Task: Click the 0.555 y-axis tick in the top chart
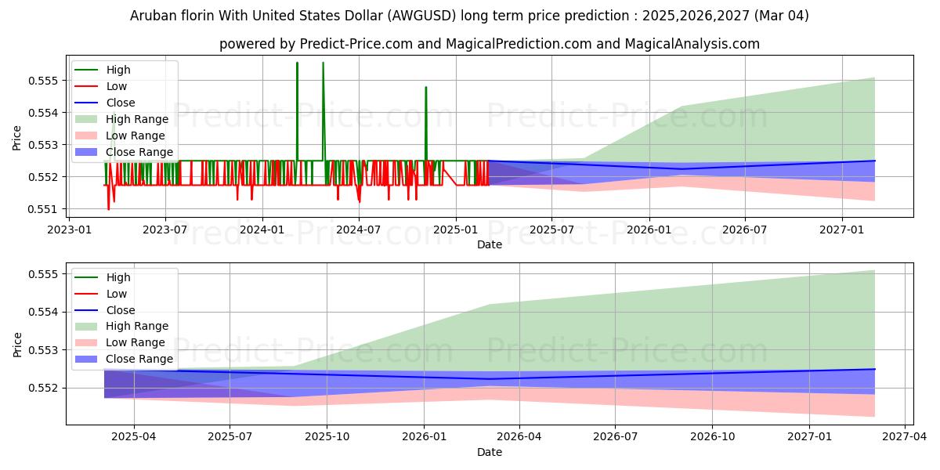(x=45, y=81)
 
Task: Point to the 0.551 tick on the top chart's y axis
(x=45, y=209)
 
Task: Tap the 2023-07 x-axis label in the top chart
(x=164, y=229)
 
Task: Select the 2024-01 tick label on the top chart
(x=262, y=229)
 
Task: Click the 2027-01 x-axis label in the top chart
(x=842, y=229)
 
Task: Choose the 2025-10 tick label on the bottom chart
(x=327, y=436)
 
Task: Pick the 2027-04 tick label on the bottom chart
(x=905, y=436)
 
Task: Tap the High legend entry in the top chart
(x=118, y=70)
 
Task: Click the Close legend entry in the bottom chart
(x=121, y=310)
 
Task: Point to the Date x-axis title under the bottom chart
(x=489, y=452)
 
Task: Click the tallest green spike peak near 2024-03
(x=297, y=63)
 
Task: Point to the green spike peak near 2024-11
(x=425, y=87)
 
